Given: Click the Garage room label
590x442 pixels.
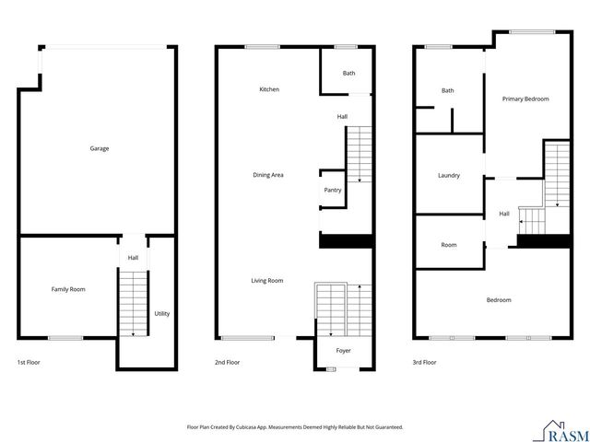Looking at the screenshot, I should [99, 148].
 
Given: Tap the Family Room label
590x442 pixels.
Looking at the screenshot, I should [68, 289].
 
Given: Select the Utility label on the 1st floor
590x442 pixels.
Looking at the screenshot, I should [161, 313].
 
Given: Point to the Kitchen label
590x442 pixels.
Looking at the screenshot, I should [269, 89].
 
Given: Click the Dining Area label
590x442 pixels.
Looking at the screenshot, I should [268, 174].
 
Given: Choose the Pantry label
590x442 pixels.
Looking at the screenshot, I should [333, 190].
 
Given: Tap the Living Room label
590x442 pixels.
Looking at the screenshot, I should [268, 280].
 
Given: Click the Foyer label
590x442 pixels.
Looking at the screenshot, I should [343, 351].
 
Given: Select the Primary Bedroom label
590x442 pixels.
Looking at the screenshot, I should [525, 99].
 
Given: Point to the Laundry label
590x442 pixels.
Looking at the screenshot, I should [449, 175].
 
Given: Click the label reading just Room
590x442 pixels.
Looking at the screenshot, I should [449, 245].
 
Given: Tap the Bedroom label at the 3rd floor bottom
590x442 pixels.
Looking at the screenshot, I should [499, 299].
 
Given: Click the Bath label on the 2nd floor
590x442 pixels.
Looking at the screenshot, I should [348, 73].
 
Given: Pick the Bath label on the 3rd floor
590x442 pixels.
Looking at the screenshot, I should [448, 90].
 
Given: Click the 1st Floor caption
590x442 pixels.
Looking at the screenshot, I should [29, 363].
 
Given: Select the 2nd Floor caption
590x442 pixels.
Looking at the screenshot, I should [227, 363].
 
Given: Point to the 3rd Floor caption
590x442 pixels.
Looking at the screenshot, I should [424, 363].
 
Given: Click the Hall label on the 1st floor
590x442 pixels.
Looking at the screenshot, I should [133, 258].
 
